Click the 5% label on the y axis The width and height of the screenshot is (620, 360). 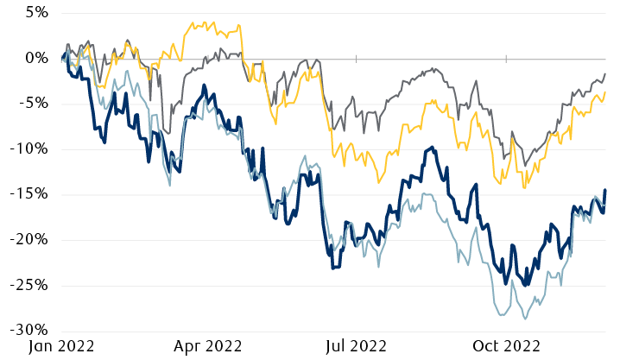pos(35,13)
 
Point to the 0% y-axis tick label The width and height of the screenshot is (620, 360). pos(35,59)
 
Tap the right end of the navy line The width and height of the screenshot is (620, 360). pos(605,189)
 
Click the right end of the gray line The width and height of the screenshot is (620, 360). pos(605,73)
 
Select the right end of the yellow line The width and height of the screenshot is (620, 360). pos(605,92)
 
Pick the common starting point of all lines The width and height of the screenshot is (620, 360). pos(63,59)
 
